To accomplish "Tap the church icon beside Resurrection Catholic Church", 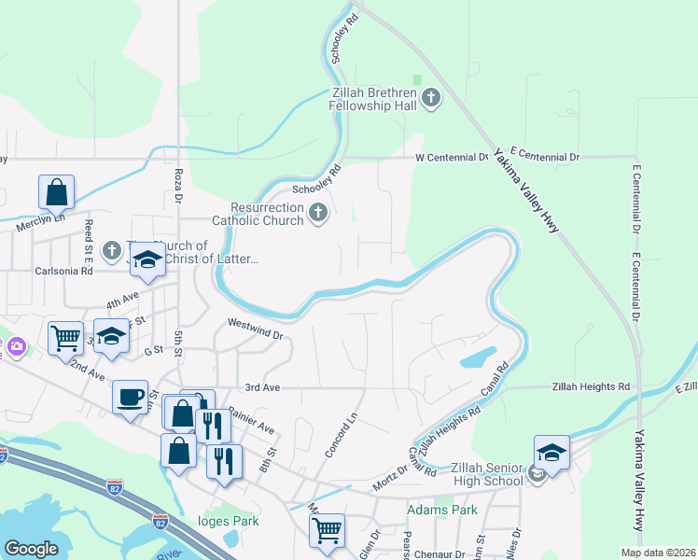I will (x=318, y=214).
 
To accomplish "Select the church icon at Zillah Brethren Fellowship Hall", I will (x=431, y=97).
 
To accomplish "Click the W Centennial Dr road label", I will (x=452, y=158).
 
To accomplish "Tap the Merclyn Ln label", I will (x=40, y=223).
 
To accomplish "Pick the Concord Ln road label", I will (x=341, y=436).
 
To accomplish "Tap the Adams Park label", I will (x=441, y=510).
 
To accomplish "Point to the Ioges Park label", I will (x=228, y=521).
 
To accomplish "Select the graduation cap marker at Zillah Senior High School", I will (x=551, y=452).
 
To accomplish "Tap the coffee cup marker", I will (x=130, y=397).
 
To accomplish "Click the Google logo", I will (x=31, y=549).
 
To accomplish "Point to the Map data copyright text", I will (x=659, y=553).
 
